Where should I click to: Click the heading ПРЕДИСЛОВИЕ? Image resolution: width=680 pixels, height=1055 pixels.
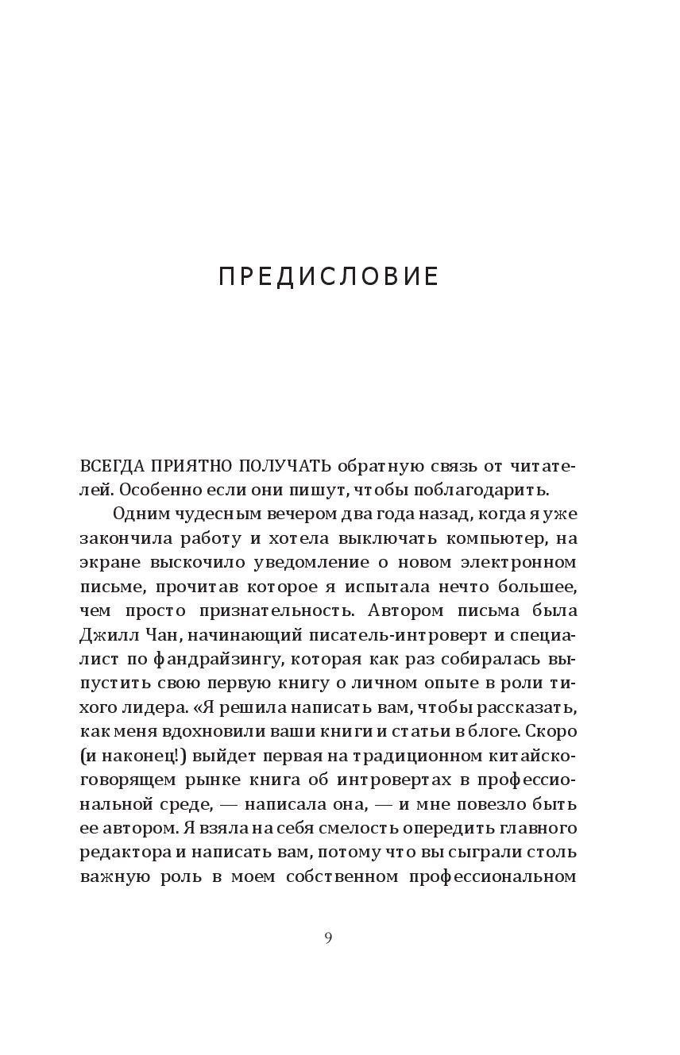click(328, 276)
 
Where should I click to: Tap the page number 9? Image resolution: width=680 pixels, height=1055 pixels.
click(328, 938)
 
